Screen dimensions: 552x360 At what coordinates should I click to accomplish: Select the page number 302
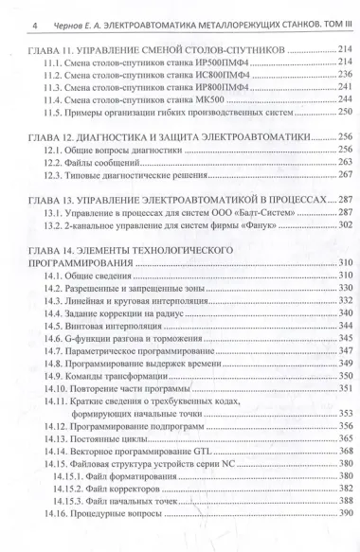pyautogui.click(x=340, y=227)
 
